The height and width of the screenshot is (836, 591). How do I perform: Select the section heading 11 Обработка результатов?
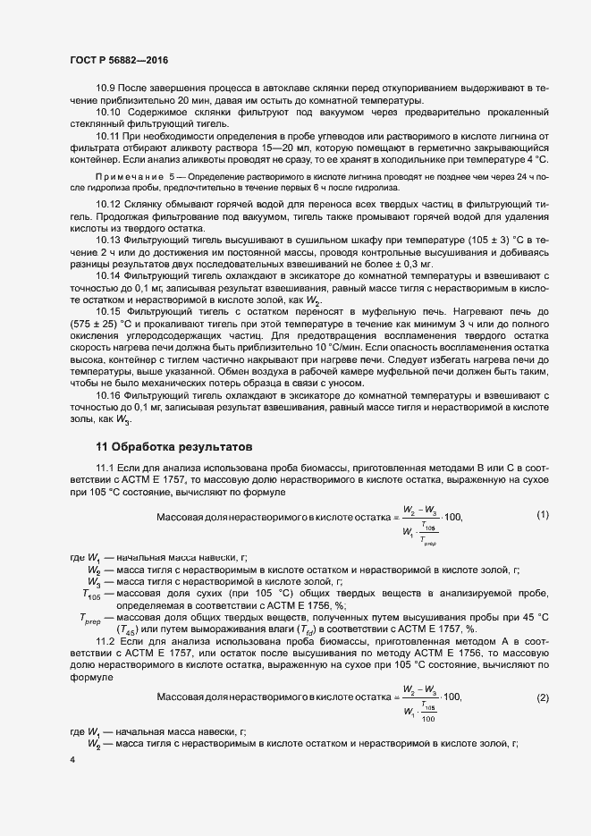(174, 445)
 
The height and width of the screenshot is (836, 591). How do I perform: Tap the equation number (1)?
(542, 515)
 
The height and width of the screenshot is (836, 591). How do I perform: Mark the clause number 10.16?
(108, 394)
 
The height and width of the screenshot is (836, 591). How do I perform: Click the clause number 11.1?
(106, 469)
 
